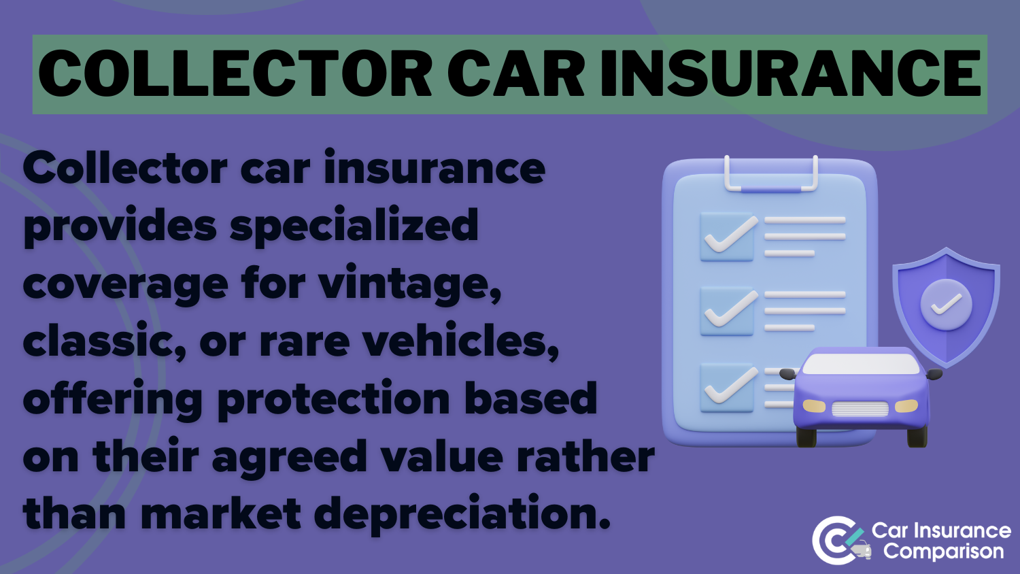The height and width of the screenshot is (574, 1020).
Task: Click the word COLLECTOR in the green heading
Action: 235,73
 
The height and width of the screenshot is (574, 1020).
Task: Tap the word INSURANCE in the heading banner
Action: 790,73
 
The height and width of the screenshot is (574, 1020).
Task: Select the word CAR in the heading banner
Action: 516,73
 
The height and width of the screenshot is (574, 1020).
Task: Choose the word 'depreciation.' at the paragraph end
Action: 462,515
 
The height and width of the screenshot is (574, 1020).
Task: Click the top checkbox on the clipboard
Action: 727,237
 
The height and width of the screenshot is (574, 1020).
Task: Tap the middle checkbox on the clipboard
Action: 727,311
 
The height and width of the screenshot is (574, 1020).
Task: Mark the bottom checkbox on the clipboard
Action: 727,388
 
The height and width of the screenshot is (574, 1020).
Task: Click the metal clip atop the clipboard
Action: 771,188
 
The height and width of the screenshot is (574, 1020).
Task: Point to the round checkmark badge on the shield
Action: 947,305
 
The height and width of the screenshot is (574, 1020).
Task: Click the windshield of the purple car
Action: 861,364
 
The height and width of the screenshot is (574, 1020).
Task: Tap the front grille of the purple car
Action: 860,409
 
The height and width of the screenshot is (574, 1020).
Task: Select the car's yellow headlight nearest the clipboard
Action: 814,405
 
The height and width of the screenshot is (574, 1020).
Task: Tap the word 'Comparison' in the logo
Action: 944,552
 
